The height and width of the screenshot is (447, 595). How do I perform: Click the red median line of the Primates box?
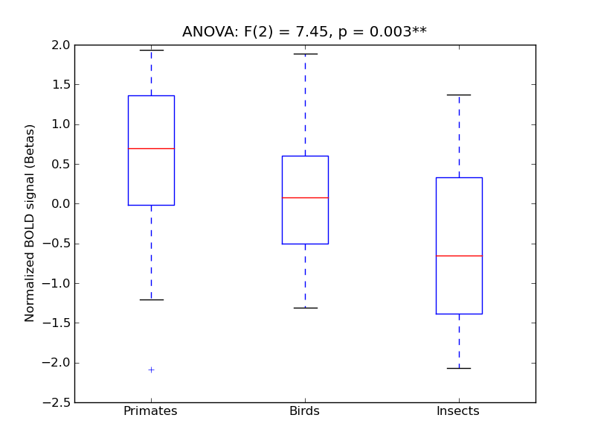click(151, 148)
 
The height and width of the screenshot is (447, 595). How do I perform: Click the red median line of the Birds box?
click(305, 197)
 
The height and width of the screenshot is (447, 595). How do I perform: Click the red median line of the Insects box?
click(459, 256)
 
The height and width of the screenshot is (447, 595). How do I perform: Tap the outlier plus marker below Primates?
click(151, 370)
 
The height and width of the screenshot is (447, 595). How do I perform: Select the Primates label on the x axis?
click(150, 411)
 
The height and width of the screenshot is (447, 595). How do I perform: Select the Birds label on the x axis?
click(304, 411)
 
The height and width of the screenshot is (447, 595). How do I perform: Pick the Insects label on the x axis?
click(457, 411)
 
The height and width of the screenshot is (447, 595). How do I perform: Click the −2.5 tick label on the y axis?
click(57, 402)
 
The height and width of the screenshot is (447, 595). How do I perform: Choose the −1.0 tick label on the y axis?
click(57, 283)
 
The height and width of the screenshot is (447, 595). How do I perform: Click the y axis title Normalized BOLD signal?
click(30, 223)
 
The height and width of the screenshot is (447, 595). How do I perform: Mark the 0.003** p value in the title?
click(399, 32)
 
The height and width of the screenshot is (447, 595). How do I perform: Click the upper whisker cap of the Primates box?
click(151, 50)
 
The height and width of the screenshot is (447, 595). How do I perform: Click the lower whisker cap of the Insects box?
click(459, 368)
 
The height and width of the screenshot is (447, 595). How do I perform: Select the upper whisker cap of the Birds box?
click(305, 54)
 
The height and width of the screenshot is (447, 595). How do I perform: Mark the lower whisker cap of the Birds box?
click(305, 308)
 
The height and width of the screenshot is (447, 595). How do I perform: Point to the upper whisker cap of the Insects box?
click(459, 95)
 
